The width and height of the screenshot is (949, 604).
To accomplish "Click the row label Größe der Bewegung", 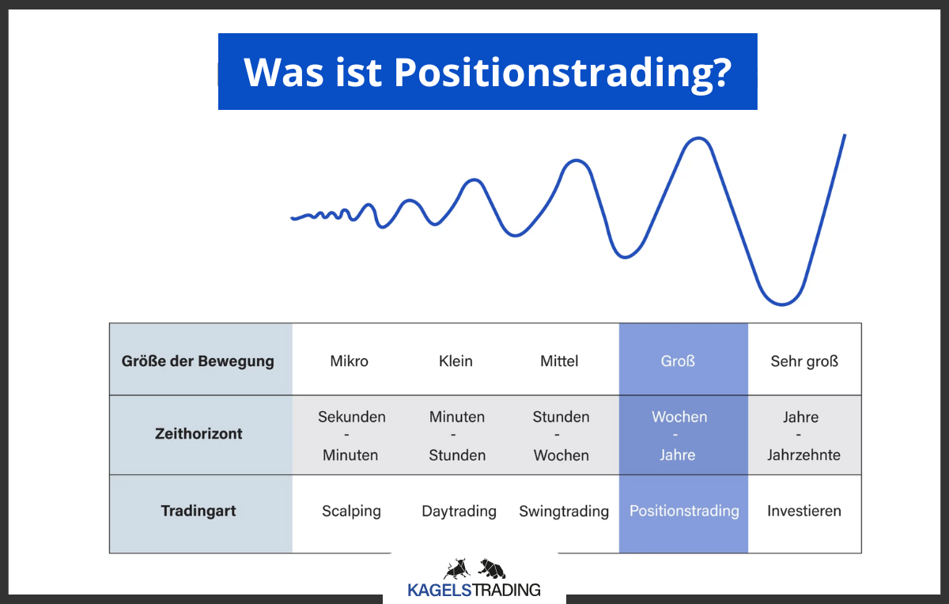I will coord(198,361).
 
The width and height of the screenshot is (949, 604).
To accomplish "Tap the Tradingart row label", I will coord(198,511).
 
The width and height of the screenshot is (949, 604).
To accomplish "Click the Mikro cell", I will coord(349,361).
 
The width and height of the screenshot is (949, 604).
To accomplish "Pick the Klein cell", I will coord(456,361).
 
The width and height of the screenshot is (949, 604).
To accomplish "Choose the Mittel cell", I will coord(559,361).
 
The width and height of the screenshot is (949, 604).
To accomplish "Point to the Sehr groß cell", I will coord(804,361).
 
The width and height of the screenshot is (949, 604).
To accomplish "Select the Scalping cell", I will coord(351,511).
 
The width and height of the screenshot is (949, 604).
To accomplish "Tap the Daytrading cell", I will coord(459,512).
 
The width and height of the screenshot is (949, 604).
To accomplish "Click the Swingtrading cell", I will coord(564,512).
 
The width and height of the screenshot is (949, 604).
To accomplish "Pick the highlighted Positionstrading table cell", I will coord(684,511).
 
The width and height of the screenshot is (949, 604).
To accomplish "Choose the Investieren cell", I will coord(804,511).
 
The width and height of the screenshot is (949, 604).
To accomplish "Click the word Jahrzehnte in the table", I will coord(804,455).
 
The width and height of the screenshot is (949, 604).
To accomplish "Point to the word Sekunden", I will coord(352,417).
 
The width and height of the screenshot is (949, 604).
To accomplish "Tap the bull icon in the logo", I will coord(456,568).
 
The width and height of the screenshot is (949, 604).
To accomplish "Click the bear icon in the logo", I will coord(492,568).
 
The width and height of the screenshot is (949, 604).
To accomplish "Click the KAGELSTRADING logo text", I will coord(474,590).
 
